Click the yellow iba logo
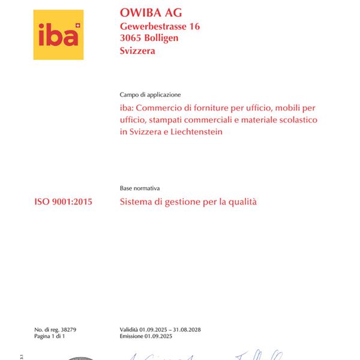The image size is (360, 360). point(58,34)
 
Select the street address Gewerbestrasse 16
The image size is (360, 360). point(160,26)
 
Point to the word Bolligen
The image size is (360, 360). point(163,38)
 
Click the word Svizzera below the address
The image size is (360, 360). point(137,51)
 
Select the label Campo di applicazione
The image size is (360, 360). point(150,95)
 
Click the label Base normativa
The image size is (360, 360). point(140,188)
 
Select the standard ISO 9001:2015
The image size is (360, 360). point(64,202)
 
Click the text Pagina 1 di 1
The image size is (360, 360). point(49,337)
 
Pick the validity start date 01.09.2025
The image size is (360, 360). point(155,329)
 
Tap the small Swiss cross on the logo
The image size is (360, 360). point(77,26)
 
